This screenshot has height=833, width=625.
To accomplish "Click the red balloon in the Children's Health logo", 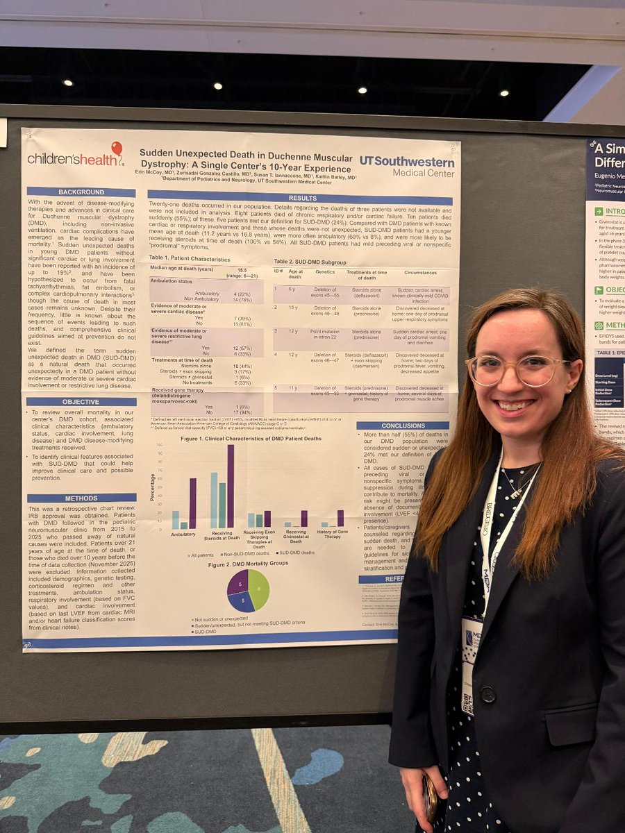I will (116, 149).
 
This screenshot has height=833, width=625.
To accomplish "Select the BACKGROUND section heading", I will (81, 192).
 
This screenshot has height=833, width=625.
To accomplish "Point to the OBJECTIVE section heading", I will (81, 401).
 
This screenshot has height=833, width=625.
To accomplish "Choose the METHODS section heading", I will (81, 498).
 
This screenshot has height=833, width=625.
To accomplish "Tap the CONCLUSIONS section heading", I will (403, 426).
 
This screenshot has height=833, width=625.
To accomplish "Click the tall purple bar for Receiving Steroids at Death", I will (231, 487).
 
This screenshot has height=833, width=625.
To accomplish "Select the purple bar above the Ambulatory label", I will (192, 503).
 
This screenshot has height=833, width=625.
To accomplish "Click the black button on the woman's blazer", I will (487, 693).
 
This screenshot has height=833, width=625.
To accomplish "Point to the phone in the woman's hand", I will (431, 798).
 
